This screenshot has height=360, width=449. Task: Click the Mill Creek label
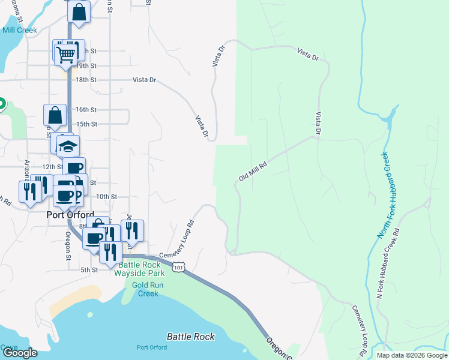point(19,30)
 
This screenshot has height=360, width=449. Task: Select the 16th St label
point(86,110)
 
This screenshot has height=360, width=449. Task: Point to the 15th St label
point(86,124)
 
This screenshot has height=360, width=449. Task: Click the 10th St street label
point(106,196)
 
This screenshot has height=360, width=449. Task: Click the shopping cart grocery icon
point(66,53)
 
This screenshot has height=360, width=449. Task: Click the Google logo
point(20,353)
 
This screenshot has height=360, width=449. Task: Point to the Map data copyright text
point(412,355)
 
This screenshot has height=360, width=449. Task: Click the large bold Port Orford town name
point(70,215)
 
